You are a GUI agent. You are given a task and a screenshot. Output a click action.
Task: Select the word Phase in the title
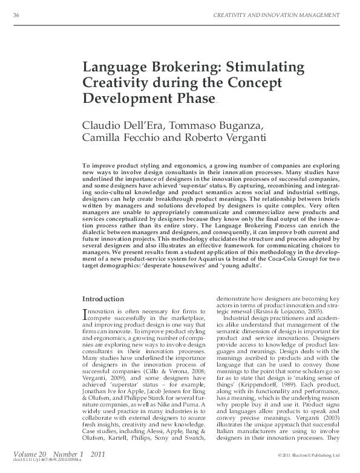pos(192,97)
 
